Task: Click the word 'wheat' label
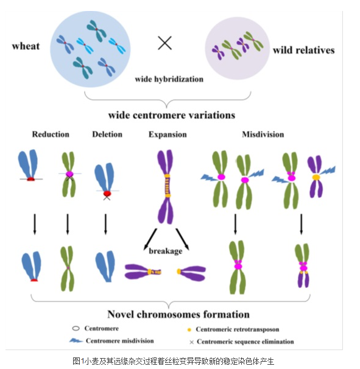(x=26, y=46)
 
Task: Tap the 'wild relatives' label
(x=304, y=50)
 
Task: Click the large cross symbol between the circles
(x=165, y=43)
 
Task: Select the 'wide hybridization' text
(x=169, y=79)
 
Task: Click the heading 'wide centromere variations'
(x=172, y=115)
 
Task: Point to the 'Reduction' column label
(x=51, y=135)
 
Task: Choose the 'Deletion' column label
(x=107, y=135)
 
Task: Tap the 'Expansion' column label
(x=168, y=135)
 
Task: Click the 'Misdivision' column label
(x=263, y=135)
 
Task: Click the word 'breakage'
(x=166, y=251)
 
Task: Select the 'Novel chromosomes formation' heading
(x=178, y=314)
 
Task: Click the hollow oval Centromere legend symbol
(x=76, y=328)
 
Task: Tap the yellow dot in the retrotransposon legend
(x=189, y=330)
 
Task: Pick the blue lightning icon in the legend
(x=76, y=340)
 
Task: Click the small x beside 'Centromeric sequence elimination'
(x=192, y=342)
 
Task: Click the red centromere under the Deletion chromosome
(x=107, y=194)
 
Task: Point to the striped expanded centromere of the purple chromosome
(x=168, y=186)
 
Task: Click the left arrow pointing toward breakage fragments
(x=150, y=239)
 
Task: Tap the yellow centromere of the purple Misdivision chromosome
(x=316, y=177)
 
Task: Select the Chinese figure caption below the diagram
(x=173, y=361)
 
